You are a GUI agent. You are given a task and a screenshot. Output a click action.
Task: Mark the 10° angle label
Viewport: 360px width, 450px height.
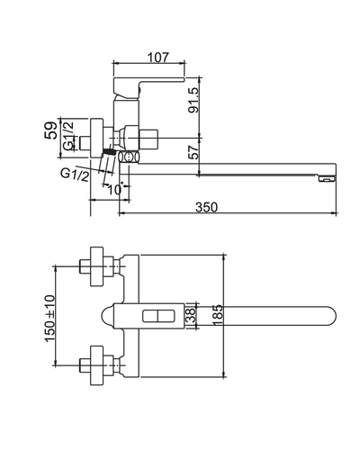(113, 189)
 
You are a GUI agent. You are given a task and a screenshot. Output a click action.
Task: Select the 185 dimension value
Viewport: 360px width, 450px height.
(216, 315)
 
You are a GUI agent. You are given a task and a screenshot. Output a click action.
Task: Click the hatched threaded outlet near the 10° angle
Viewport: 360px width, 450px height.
(111, 157)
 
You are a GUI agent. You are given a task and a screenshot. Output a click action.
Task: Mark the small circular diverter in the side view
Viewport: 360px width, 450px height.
(126, 158)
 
